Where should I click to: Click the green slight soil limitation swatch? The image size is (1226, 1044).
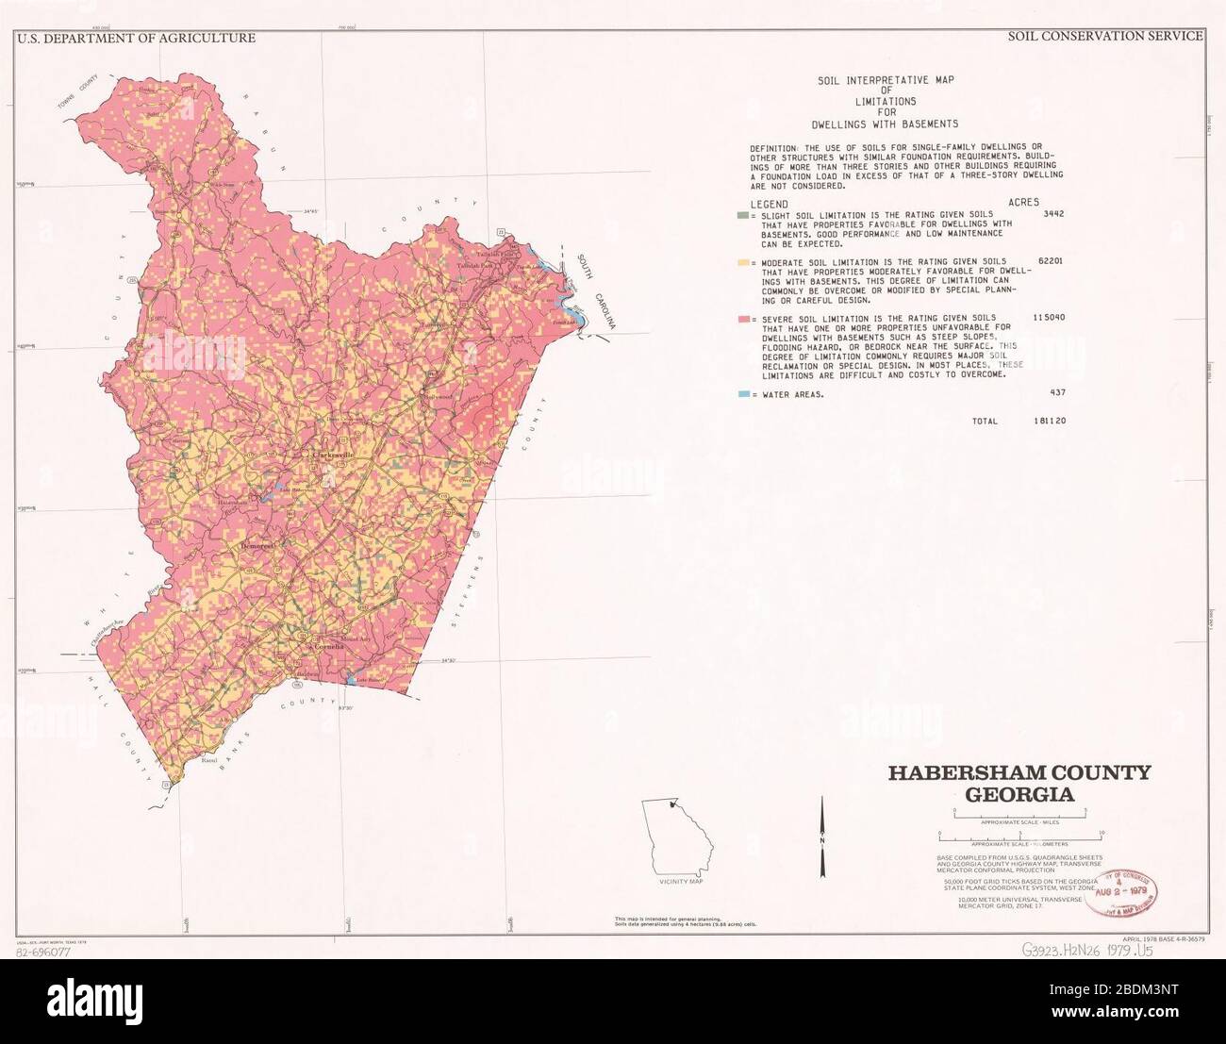tap(743, 215)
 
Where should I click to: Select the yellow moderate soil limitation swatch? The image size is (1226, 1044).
tap(743, 261)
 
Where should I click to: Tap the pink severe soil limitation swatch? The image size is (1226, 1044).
tap(743, 319)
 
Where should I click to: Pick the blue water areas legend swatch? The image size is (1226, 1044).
tap(743, 394)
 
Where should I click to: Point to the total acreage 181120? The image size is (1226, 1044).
tap(1048, 422)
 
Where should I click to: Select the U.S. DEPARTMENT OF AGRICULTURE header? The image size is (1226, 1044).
tap(136, 39)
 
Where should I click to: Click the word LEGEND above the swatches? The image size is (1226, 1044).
tap(769, 204)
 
